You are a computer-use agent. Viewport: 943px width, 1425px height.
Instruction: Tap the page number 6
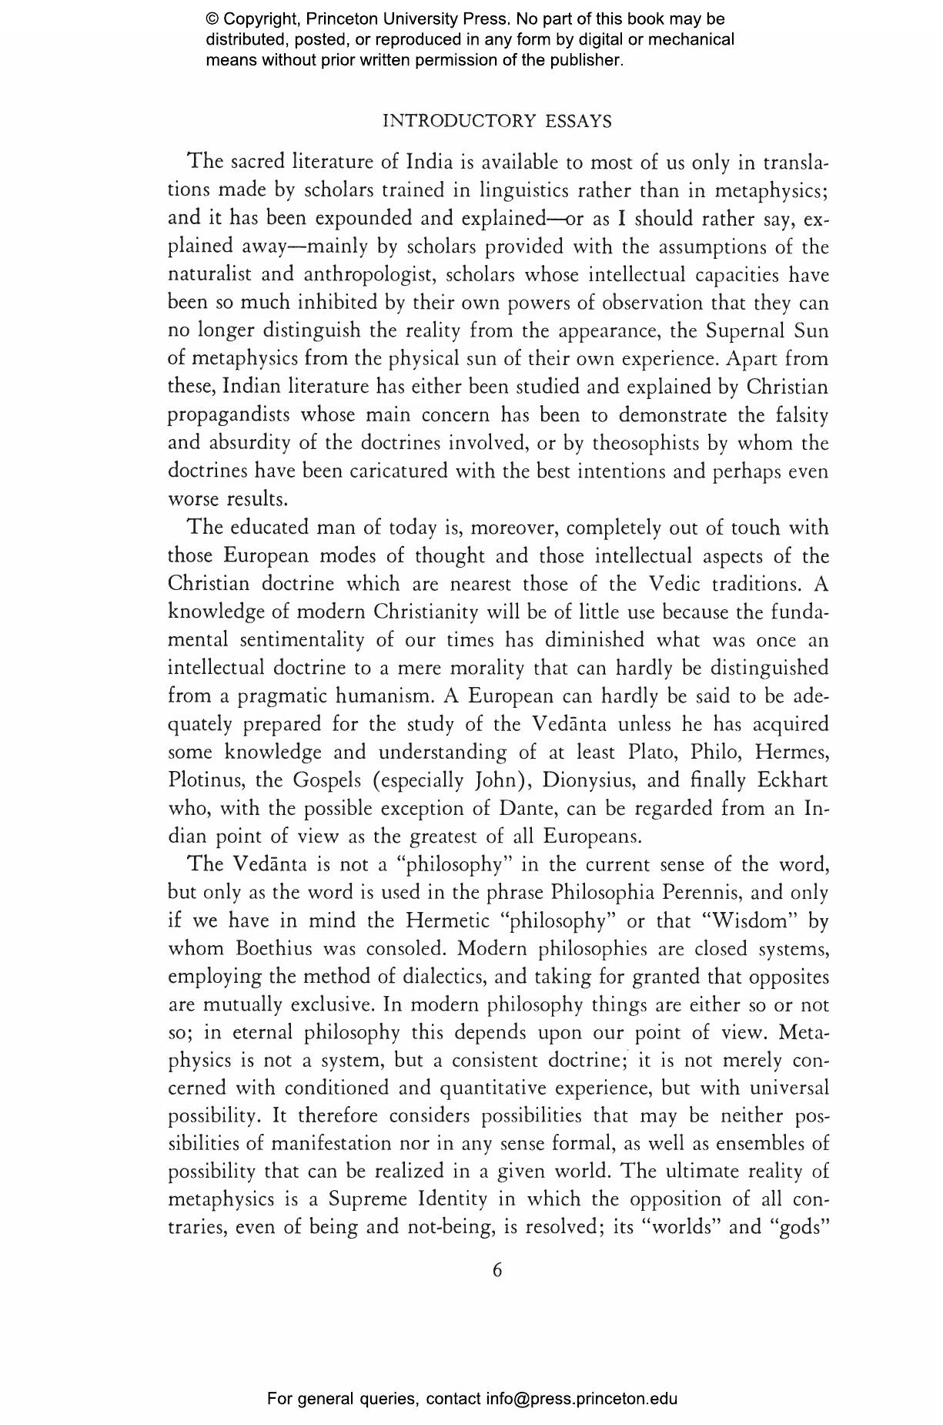(497, 1269)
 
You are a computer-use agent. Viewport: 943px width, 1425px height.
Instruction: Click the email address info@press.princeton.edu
(581, 1398)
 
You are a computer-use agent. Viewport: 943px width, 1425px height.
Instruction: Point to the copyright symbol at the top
(212, 18)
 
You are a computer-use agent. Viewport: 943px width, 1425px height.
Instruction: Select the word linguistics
(524, 190)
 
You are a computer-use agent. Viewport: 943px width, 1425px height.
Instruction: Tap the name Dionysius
(589, 780)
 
